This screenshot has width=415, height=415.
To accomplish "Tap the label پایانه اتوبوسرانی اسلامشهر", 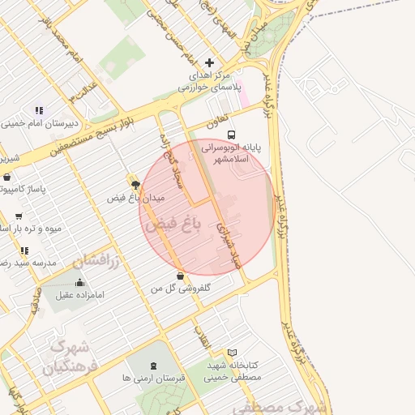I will pyautogui.click(x=229, y=154).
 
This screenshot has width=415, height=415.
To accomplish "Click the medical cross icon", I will pyautogui.click(x=210, y=62).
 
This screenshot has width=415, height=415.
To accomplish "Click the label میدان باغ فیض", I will pyautogui.click(x=135, y=198).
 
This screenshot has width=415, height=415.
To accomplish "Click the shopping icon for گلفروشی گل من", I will pyautogui.click(x=180, y=276).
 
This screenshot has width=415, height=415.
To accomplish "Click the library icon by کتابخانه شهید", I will pyautogui.click(x=233, y=353).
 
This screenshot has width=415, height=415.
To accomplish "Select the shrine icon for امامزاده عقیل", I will pyautogui.click(x=79, y=283).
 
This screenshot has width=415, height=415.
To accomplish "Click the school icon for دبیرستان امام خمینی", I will pyautogui.click(x=38, y=110).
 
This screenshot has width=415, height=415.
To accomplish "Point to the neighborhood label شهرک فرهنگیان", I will pyautogui.click(x=64, y=357).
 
